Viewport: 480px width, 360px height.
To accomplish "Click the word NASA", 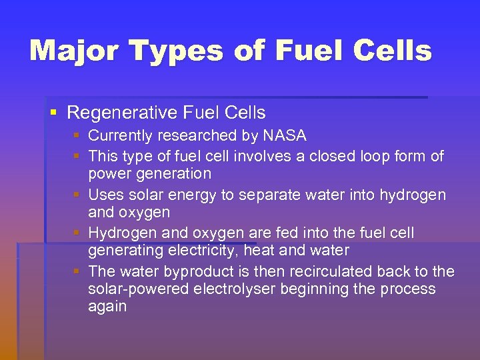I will pyautogui.click(x=285, y=136).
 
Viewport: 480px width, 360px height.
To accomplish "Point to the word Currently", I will pyautogui.click(x=121, y=136).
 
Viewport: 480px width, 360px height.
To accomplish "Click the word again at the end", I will pyautogui.click(x=107, y=307).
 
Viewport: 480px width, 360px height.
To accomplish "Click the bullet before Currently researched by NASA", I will pyautogui.click(x=77, y=136).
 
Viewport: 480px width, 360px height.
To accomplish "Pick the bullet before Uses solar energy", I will pyautogui.click(x=77, y=195).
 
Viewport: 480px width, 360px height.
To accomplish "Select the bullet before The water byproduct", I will pyautogui.click(x=77, y=271).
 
